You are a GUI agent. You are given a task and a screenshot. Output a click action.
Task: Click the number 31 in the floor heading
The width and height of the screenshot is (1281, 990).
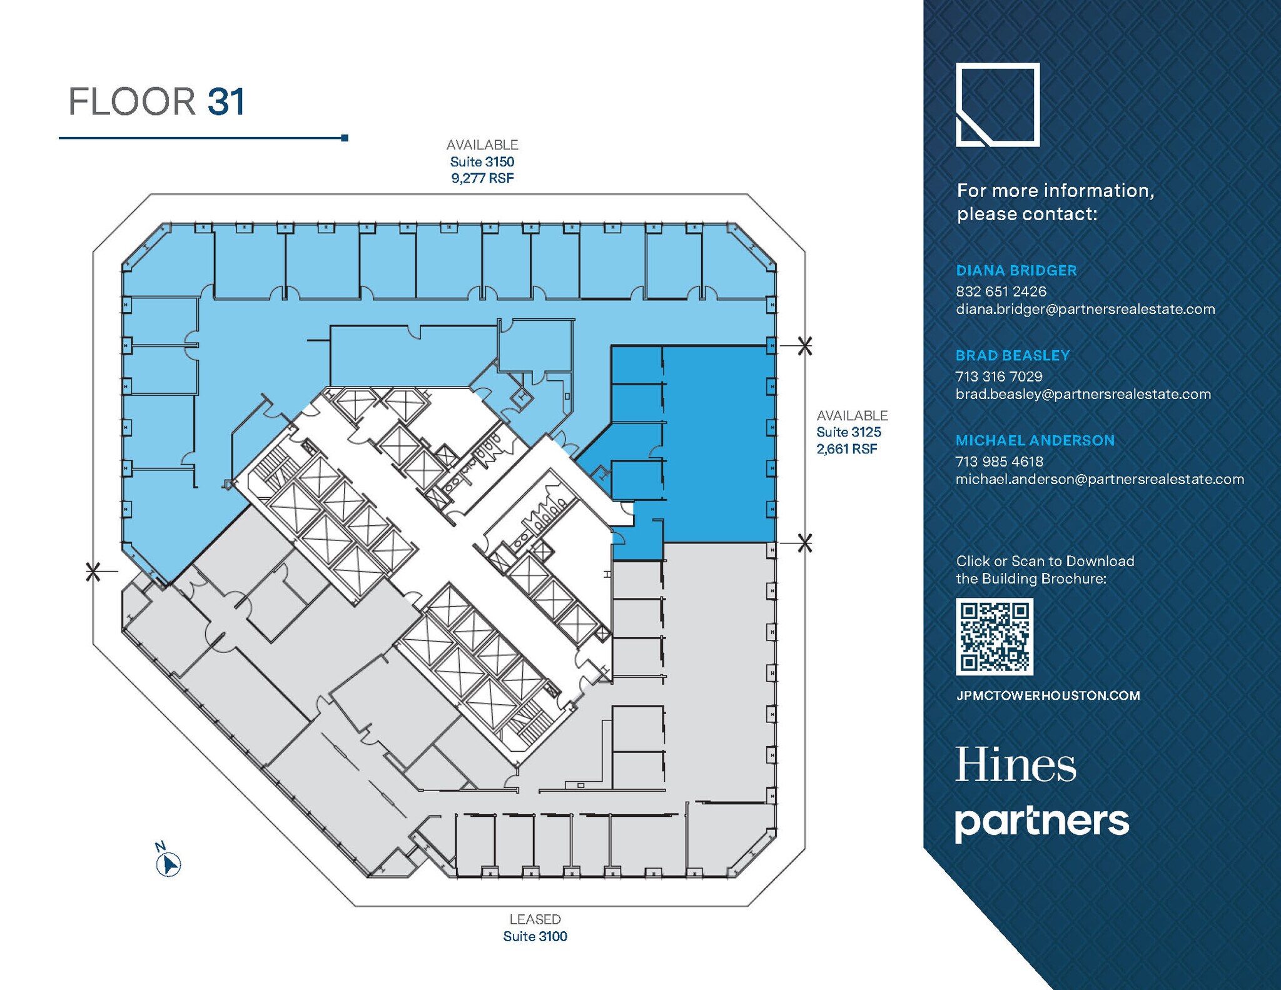(226, 102)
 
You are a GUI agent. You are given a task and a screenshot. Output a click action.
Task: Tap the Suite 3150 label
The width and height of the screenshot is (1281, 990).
(482, 162)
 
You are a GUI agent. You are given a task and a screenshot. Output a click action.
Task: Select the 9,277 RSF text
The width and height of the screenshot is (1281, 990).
(482, 178)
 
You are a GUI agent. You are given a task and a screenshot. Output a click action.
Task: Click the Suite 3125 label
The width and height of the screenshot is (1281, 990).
(848, 432)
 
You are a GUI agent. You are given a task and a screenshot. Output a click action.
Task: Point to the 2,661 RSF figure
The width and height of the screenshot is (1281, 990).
(846, 449)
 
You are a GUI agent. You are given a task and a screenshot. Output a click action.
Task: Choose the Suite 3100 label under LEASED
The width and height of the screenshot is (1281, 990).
(535, 936)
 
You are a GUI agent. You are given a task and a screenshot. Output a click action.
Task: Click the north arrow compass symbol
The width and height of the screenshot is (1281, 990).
(168, 864)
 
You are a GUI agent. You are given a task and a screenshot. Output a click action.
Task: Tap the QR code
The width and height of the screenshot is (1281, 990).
(994, 636)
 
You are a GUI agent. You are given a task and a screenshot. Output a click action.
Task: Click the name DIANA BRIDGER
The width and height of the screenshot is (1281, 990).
(1016, 271)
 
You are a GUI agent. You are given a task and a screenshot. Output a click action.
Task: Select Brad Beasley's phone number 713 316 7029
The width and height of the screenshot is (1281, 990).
(998, 376)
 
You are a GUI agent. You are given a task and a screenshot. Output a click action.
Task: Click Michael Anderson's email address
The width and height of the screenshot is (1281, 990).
(1099, 479)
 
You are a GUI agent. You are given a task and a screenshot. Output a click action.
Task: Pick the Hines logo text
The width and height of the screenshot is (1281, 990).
(1015, 765)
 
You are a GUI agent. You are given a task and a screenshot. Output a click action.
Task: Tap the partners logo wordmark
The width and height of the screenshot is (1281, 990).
(1041, 822)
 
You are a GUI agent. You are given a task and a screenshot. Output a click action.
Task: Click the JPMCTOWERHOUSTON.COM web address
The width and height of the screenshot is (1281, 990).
(1048, 695)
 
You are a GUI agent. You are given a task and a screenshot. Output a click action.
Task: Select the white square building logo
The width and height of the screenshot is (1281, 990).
(997, 104)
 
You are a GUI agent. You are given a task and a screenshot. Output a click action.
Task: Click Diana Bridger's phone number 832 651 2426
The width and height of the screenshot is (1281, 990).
(1001, 291)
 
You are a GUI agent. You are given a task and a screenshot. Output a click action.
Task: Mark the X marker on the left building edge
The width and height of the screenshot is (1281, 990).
(93, 571)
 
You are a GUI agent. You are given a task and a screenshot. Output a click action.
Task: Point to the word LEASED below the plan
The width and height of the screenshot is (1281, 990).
(535, 919)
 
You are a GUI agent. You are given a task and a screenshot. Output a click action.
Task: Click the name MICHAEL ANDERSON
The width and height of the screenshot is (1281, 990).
(1035, 440)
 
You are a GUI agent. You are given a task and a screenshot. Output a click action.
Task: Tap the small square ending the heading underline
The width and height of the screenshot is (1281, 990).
(345, 138)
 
